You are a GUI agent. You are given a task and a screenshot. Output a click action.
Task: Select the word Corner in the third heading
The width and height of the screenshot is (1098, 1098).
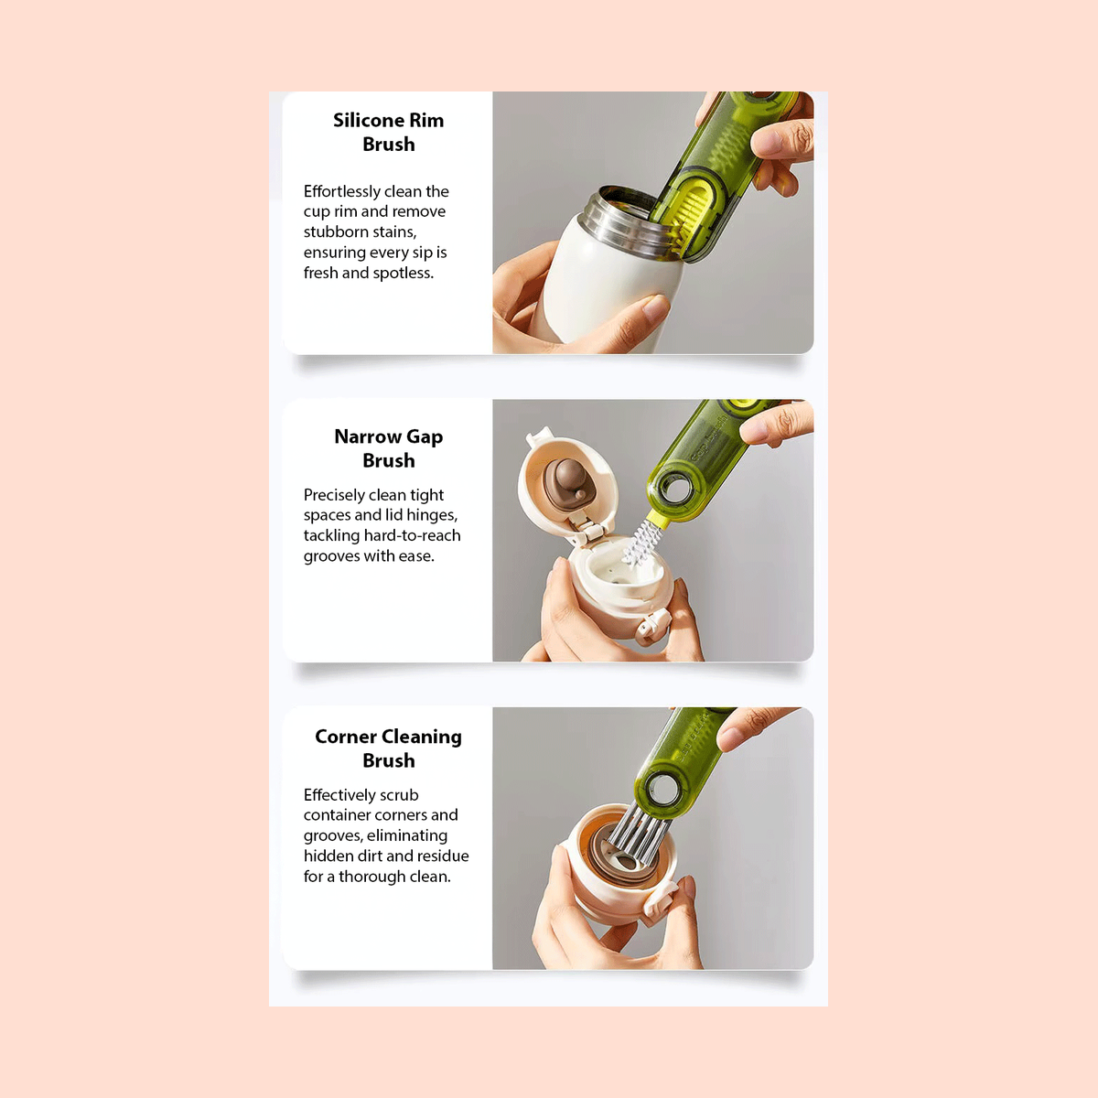[x=344, y=737]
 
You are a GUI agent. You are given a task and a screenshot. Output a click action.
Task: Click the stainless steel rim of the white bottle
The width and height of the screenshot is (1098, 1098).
[x=621, y=223]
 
